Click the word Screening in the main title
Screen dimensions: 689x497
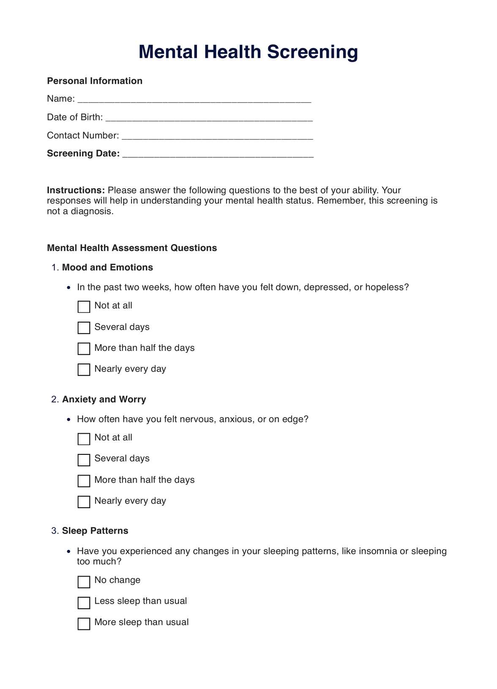click(x=312, y=52)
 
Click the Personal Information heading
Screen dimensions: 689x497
click(x=95, y=81)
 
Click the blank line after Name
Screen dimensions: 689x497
click(x=194, y=100)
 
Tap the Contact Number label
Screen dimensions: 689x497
click(x=83, y=135)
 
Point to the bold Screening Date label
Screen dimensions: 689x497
click(x=83, y=153)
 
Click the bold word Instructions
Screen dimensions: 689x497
click(x=76, y=190)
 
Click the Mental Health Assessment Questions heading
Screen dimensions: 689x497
click(x=132, y=248)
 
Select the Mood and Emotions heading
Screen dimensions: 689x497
click(x=107, y=267)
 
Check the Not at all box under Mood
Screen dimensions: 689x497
click(x=84, y=306)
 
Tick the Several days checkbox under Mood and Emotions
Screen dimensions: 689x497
click(x=84, y=328)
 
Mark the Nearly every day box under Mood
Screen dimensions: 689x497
click(x=84, y=369)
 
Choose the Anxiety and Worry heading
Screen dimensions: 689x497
click(x=104, y=399)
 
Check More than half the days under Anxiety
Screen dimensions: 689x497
click(x=84, y=481)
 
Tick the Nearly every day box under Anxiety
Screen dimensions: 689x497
click(x=84, y=502)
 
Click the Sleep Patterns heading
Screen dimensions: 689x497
click(x=95, y=530)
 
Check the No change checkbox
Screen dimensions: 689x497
click(x=84, y=582)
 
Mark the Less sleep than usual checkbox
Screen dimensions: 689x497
click(x=84, y=602)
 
